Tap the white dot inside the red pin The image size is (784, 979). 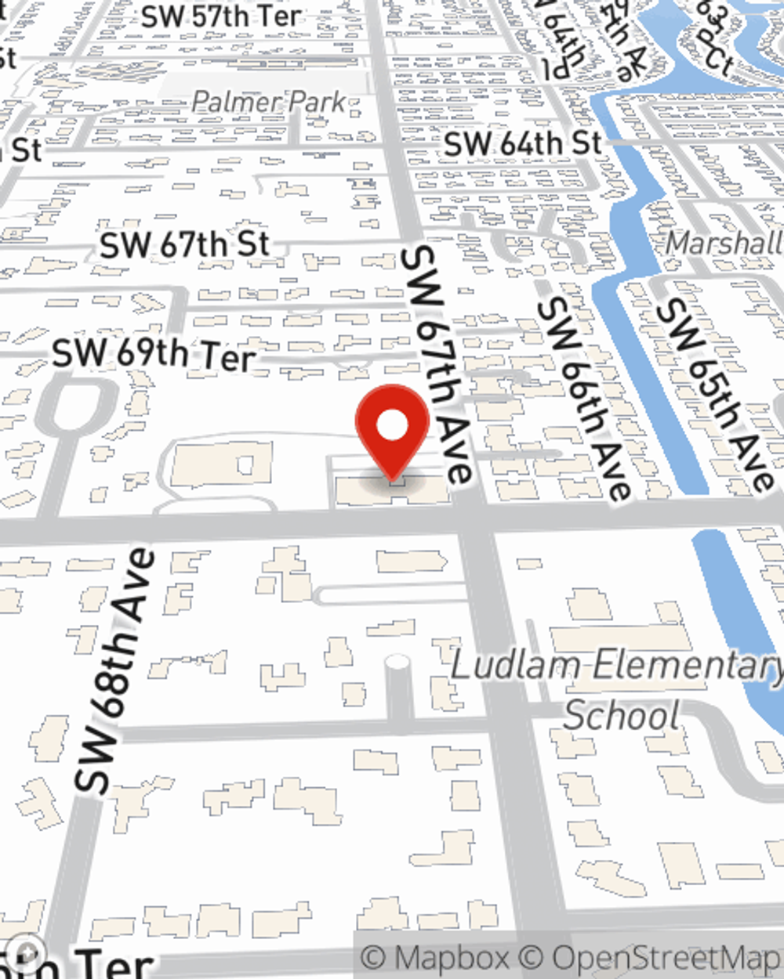(x=392, y=426)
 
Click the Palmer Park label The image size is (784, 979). (x=268, y=101)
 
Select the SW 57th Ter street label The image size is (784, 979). (x=221, y=16)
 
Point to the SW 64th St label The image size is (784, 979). (x=523, y=143)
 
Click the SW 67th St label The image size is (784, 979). (x=185, y=245)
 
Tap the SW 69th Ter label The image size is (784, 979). (x=154, y=355)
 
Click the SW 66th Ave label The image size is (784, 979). (x=584, y=399)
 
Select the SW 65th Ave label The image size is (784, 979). (x=714, y=396)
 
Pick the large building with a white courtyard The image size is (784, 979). (x=222, y=465)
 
